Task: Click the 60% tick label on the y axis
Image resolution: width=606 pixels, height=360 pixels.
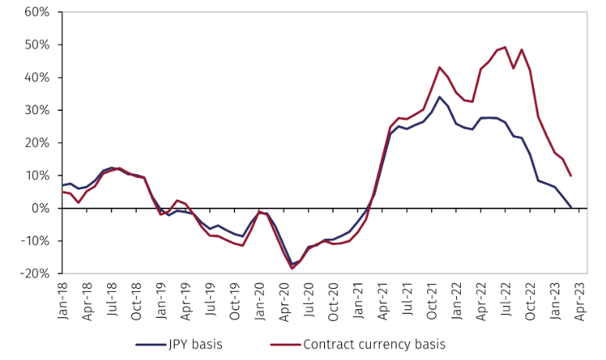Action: point(36,12)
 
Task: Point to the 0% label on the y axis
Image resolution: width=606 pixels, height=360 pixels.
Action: point(40,209)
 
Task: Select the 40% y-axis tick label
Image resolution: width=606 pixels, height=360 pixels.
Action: point(36,78)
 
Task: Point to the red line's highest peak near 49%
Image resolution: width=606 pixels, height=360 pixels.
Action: point(505,47)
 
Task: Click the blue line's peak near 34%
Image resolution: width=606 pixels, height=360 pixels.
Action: point(440,97)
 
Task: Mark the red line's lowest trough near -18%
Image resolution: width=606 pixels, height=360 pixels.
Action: point(291,269)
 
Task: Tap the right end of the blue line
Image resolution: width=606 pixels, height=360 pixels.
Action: point(571,207)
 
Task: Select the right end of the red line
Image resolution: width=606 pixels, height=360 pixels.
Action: point(571,176)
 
